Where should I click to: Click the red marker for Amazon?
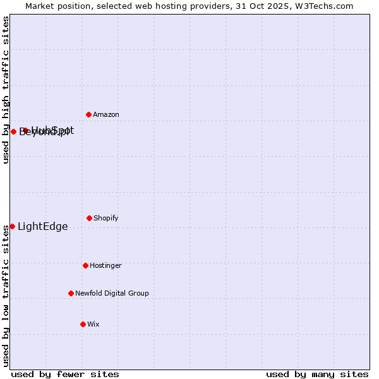pyautogui.click(x=88, y=114)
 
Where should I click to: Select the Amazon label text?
pyautogui.click(x=106, y=115)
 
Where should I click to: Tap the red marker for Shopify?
pyautogui.click(x=89, y=218)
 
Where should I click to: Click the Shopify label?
pyautogui.click(x=106, y=219)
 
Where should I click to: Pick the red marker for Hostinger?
pyautogui.click(x=85, y=265)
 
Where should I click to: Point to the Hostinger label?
pyautogui.click(x=105, y=266)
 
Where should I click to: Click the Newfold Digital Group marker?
pyautogui.click(x=71, y=293)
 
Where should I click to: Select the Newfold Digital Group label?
pyautogui.click(x=112, y=294)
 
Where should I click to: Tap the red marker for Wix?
pyautogui.click(x=83, y=324)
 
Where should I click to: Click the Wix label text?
pyautogui.click(x=93, y=325)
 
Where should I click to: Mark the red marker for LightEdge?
pyautogui.click(x=12, y=226)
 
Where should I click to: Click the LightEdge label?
pyautogui.click(x=42, y=227)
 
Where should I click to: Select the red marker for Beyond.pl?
pyautogui.click(x=13, y=131)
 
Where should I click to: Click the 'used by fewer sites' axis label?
pyautogui.click(x=65, y=375)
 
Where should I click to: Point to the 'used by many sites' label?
pyautogui.click(x=317, y=375)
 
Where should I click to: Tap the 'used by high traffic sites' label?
pyautogui.click(x=6, y=90)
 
